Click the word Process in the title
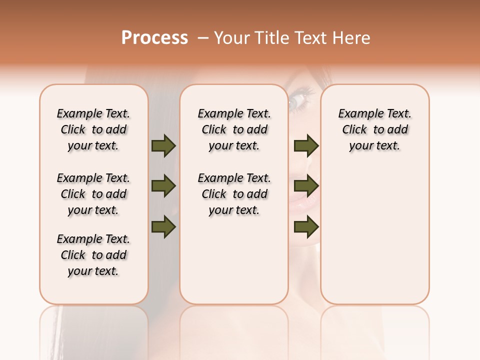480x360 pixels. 154,38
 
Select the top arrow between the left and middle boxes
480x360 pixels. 163,145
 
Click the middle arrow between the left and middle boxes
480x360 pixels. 163,186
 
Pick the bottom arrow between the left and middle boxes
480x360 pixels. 163,227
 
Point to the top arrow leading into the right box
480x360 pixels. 306,145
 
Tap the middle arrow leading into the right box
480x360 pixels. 306,186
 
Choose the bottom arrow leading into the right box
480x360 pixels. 306,227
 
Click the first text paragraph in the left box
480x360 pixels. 93,129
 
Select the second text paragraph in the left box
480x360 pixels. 93,194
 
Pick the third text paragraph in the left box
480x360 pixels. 93,255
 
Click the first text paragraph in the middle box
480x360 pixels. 234,129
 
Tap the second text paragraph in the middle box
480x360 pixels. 234,194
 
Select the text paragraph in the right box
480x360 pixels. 374,129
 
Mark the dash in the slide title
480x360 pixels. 202,38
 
